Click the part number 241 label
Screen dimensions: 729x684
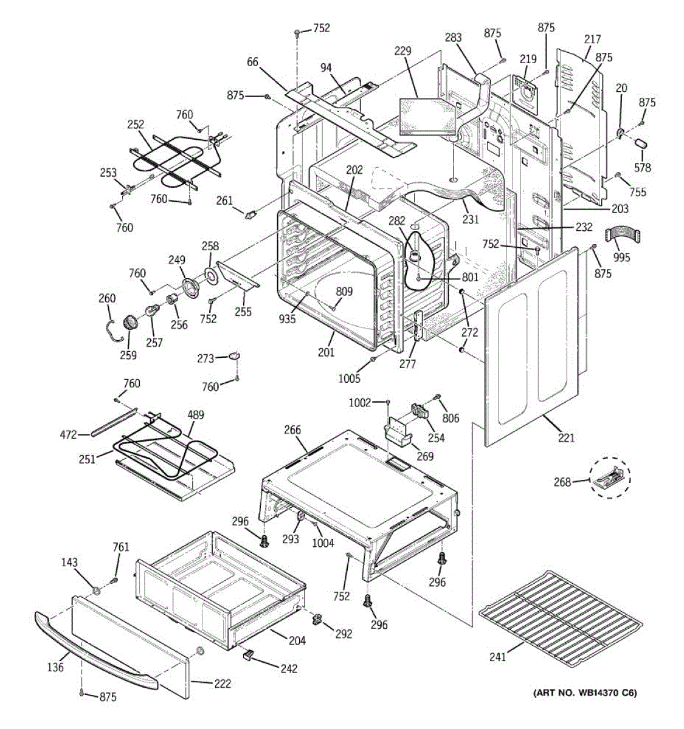click(x=498, y=656)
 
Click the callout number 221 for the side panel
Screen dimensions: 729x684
click(x=566, y=437)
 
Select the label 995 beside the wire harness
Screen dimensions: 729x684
click(x=621, y=258)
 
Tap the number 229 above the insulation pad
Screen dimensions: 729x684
click(x=402, y=51)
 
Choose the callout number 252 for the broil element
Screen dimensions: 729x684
click(x=136, y=125)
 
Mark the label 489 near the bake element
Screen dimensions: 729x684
click(x=196, y=416)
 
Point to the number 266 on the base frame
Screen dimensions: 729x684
click(x=292, y=430)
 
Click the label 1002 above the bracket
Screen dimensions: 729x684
click(x=359, y=403)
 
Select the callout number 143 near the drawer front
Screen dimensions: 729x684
click(x=69, y=563)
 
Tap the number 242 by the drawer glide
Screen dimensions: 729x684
click(x=289, y=668)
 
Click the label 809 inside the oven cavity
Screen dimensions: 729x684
click(x=344, y=292)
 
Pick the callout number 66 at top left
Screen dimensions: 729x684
click(x=253, y=61)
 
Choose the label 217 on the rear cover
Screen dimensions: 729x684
click(x=592, y=39)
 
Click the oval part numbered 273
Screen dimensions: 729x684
click(x=235, y=355)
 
